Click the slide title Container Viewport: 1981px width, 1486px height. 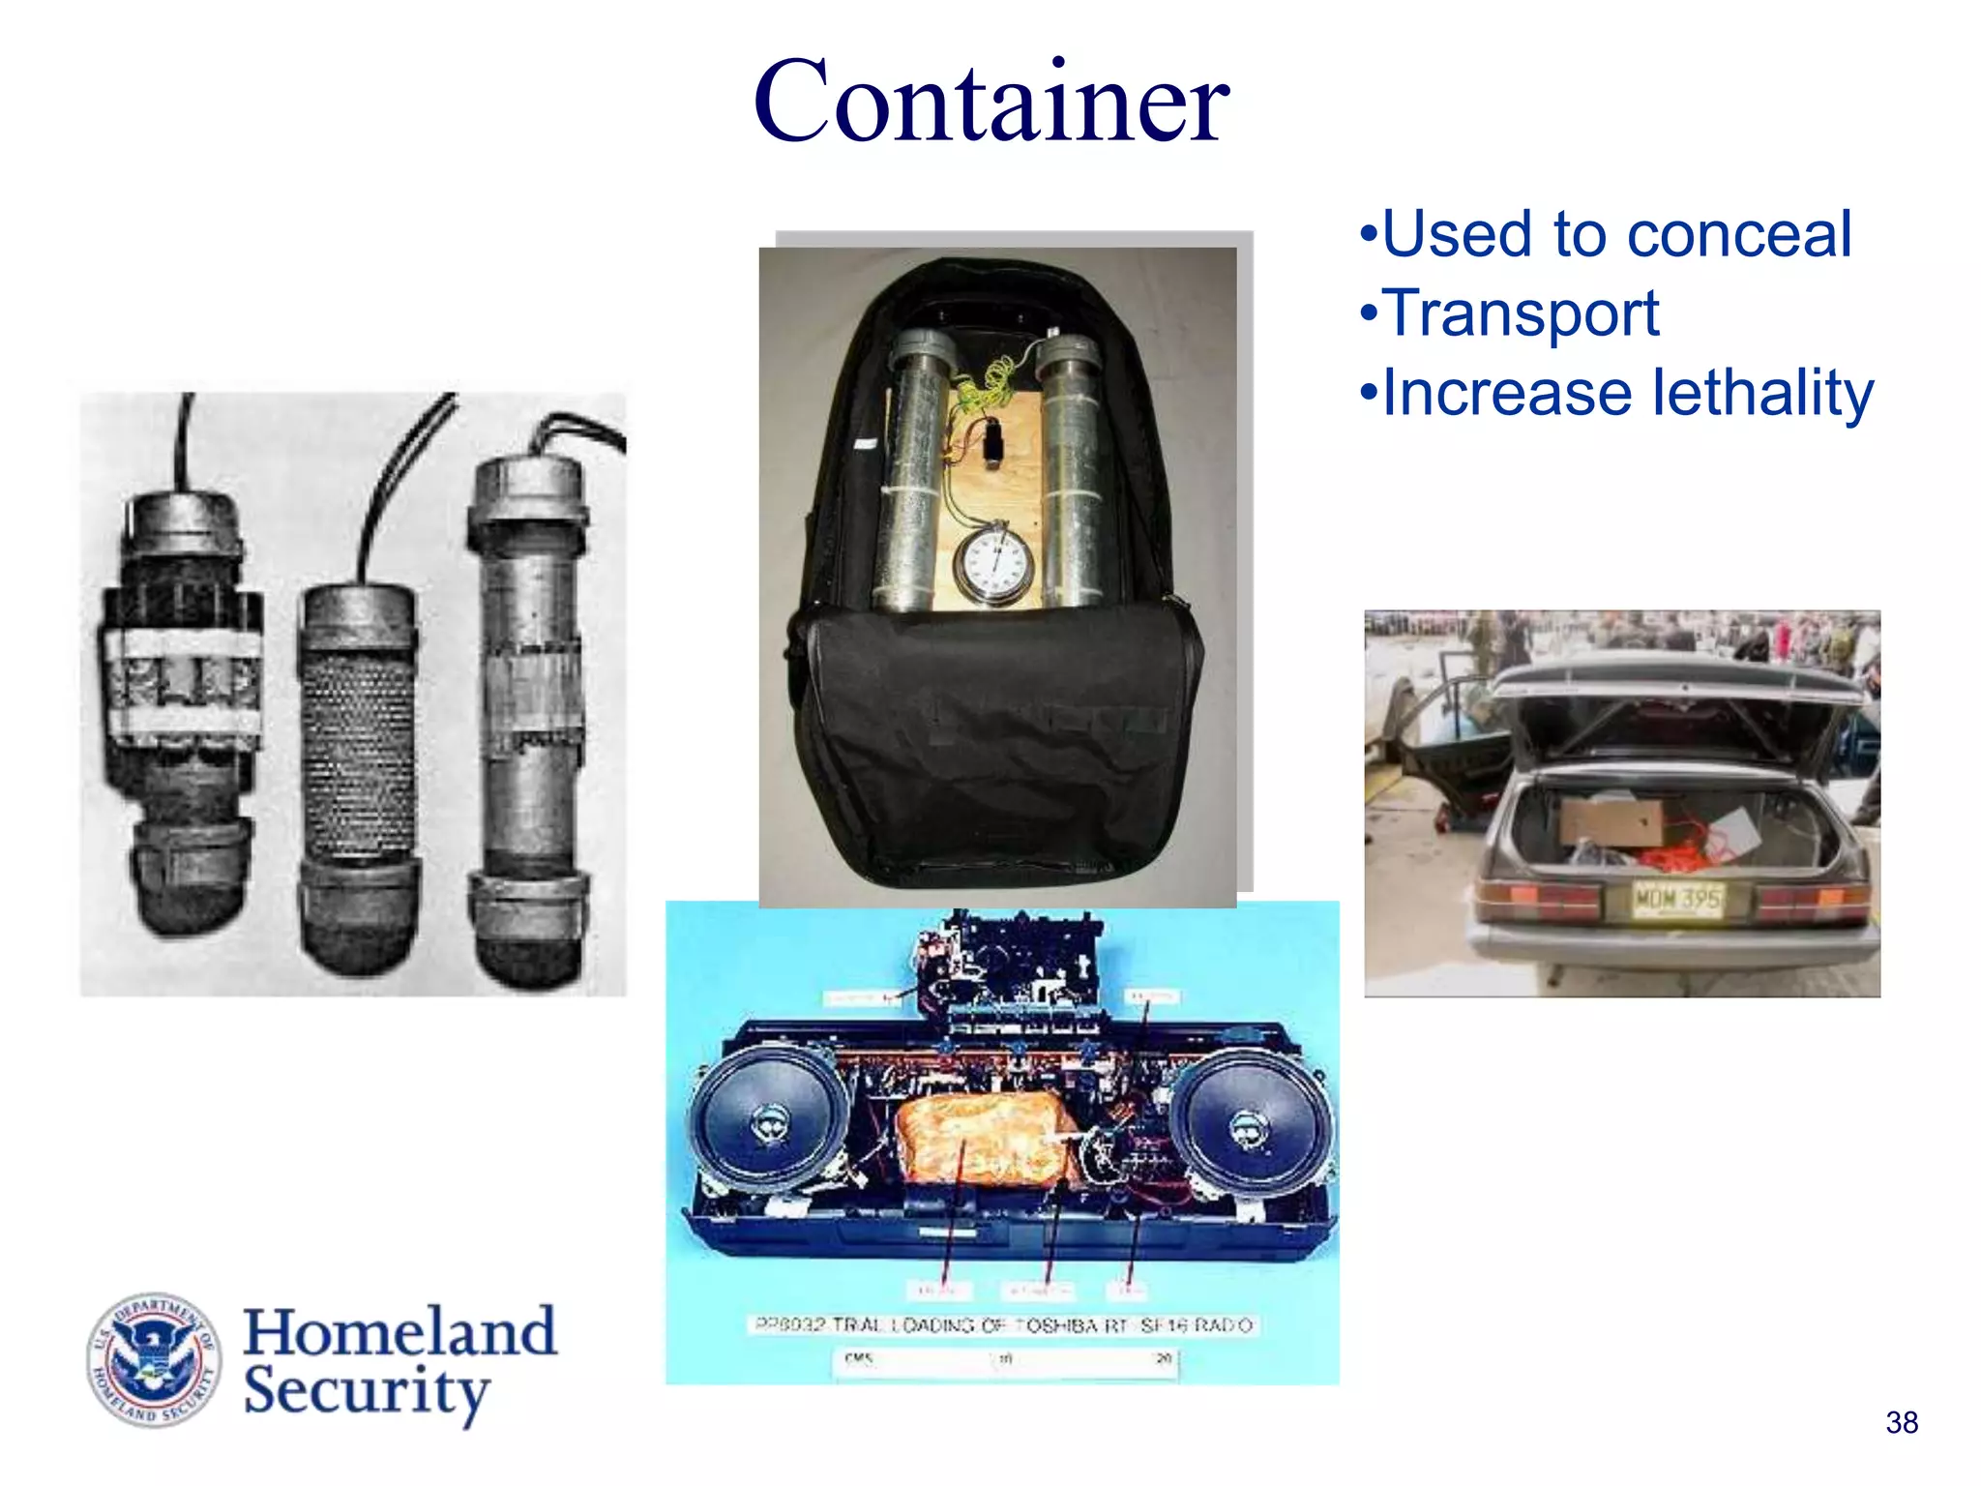click(x=990, y=103)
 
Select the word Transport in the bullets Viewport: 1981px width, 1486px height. click(x=1521, y=314)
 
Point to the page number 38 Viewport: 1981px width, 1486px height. click(x=1901, y=1422)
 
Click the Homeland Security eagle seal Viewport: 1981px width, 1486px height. click(x=155, y=1359)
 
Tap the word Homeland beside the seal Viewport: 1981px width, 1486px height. click(x=399, y=1332)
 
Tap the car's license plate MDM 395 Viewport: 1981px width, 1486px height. click(x=1677, y=901)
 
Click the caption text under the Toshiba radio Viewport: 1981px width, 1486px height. click(x=1002, y=1324)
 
